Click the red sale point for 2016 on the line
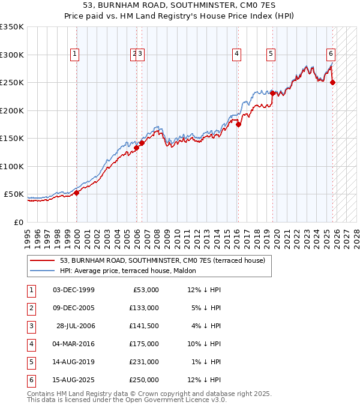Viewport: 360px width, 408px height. point(238,125)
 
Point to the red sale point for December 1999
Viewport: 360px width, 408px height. point(77,193)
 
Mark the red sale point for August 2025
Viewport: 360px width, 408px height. point(333,83)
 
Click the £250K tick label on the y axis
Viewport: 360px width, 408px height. point(12,83)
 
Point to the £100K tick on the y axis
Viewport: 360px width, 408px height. point(12,166)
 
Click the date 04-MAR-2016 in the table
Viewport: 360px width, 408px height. point(73,344)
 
